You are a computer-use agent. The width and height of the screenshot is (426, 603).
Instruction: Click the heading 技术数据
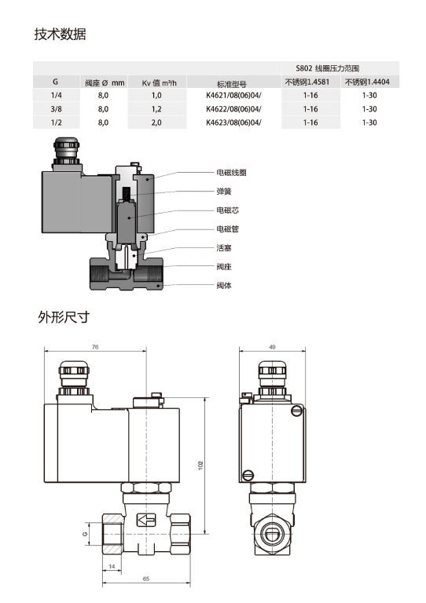pyautogui.click(x=60, y=35)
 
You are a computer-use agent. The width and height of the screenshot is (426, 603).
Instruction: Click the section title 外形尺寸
pyautogui.click(x=64, y=318)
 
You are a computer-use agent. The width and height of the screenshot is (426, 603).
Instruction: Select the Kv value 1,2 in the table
pyautogui.click(x=156, y=108)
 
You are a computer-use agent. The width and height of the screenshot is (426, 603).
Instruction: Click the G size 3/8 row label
pyautogui.click(x=56, y=108)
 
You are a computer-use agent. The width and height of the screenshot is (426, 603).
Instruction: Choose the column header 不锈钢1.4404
pyautogui.click(x=370, y=82)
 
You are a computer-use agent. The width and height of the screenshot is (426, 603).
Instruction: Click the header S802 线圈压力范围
pyautogui.click(x=340, y=69)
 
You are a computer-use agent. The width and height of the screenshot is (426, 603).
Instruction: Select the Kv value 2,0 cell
pyautogui.click(x=156, y=122)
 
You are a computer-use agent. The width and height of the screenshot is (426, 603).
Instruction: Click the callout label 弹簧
pyautogui.click(x=224, y=191)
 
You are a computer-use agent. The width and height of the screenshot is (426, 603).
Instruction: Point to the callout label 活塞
pyautogui.click(x=224, y=247)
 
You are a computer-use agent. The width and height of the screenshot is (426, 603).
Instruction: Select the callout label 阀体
pyautogui.click(x=224, y=285)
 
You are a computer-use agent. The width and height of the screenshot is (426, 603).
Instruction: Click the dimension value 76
pyautogui.click(x=95, y=346)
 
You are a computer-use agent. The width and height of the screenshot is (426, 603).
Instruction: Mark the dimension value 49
pyautogui.click(x=272, y=346)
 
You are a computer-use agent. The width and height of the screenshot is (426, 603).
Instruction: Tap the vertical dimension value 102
pyautogui.click(x=200, y=466)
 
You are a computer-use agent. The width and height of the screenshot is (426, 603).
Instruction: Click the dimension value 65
pyautogui.click(x=146, y=578)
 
